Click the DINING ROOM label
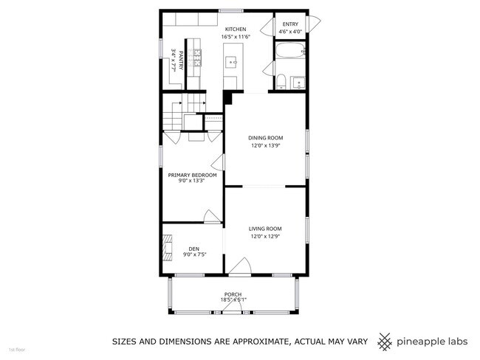264,137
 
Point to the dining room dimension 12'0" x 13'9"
264,145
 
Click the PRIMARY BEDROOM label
192,174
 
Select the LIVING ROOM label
264,229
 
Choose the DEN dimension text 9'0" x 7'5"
194,255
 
